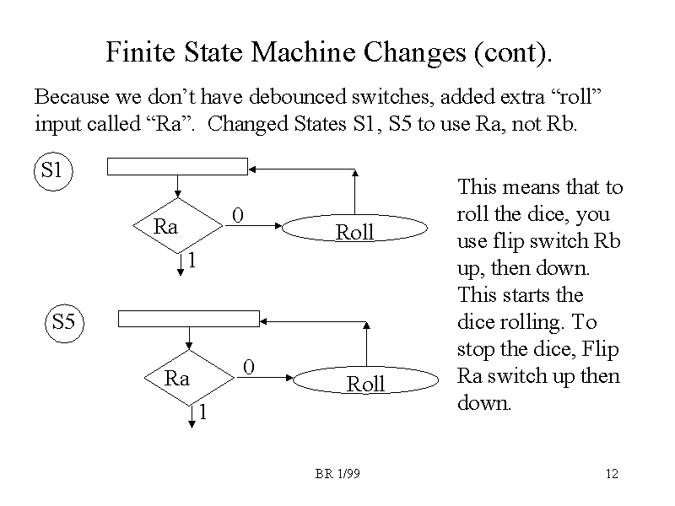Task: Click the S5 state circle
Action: (x=64, y=321)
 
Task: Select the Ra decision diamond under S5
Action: (x=187, y=379)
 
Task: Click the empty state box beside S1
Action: (x=177, y=166)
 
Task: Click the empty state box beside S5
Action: (x=188, y=318)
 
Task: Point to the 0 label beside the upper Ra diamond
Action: (x=238, y=218)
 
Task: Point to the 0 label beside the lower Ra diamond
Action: (x=248, y=367)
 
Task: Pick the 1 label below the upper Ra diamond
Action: (x=192, y=261)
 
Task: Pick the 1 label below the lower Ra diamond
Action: (x=202, y=412)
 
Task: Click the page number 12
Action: (x=612, y=475)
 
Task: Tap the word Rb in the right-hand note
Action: (x=607, y=240)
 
